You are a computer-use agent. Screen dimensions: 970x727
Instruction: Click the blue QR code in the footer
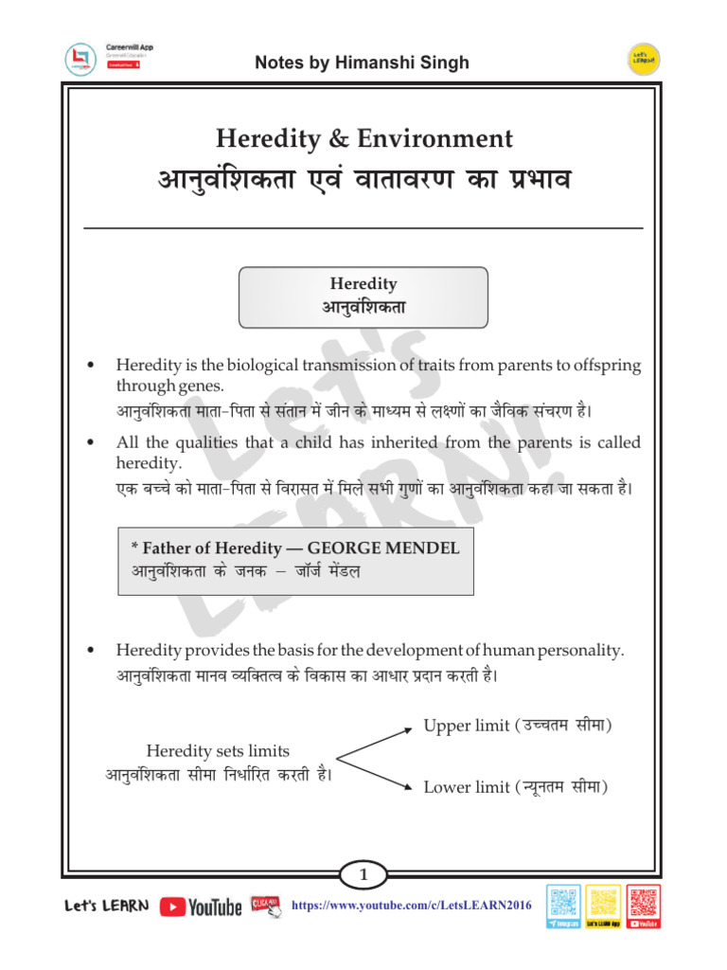click(x=564, y=906)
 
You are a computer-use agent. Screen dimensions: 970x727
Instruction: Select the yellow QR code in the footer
click(x=603, y=906)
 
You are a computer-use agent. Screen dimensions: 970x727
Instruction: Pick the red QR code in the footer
click(x=644, y=906)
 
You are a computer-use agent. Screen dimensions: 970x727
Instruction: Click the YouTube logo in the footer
click(x=201, y=907)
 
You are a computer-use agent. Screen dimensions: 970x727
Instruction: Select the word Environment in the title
click(x=434, y=139)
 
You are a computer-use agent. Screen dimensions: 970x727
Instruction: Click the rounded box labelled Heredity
click(x=363, y=296)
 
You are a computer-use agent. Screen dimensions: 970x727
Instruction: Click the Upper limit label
click(x=466, y=726)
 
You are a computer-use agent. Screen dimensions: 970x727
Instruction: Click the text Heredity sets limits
click(x=218, y=750)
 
